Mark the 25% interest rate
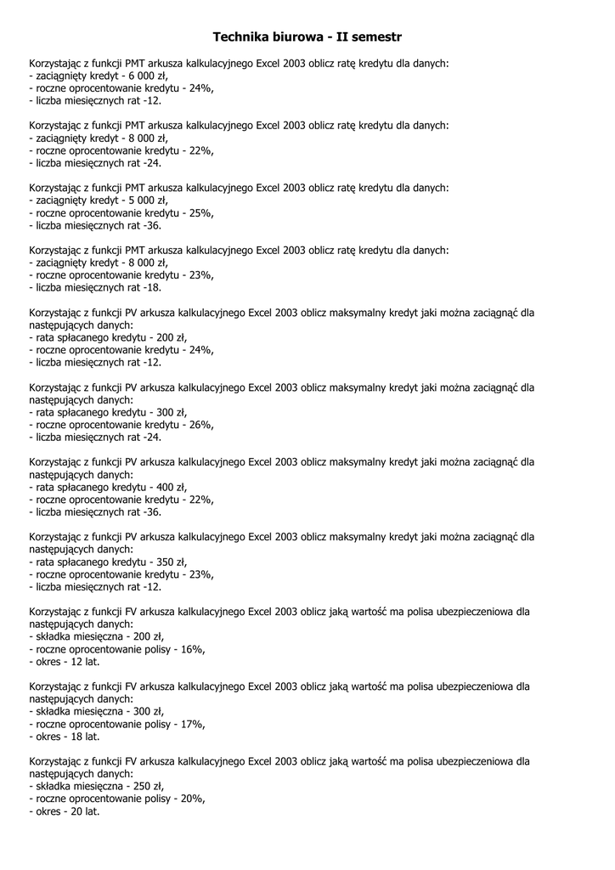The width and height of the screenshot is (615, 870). coord(198,213)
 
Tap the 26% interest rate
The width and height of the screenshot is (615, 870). coord(198,425)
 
